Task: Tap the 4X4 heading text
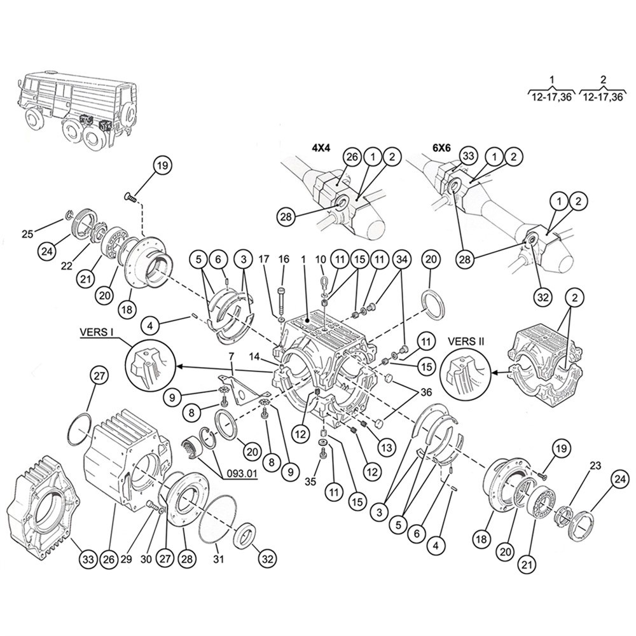322,148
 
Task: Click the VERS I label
96,333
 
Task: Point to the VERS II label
466,341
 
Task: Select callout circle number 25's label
27,234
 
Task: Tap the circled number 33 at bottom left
88,559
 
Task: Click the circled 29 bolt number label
127,559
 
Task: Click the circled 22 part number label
66,265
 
